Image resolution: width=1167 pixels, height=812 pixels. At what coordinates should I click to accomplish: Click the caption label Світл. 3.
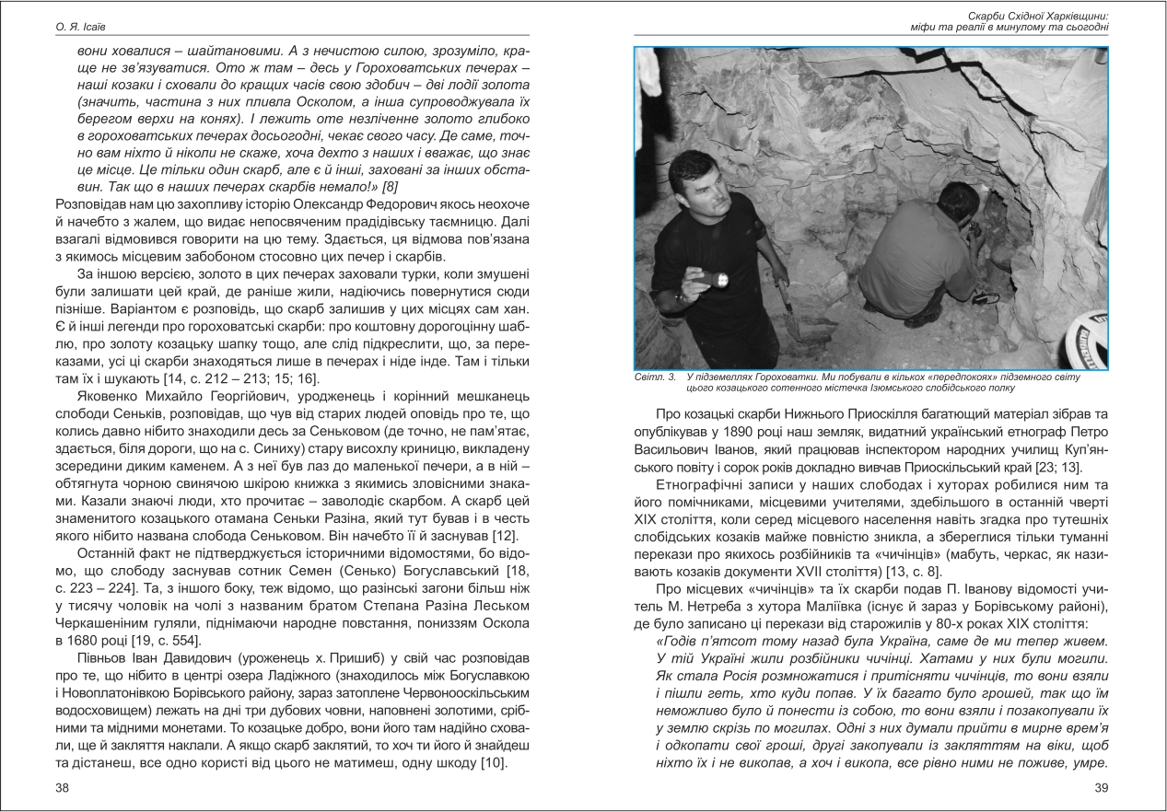pyautogui.click(x=655, y=377)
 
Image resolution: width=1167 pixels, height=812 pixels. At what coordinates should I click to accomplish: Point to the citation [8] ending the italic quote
pyautogui.click(x=365, y=189)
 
